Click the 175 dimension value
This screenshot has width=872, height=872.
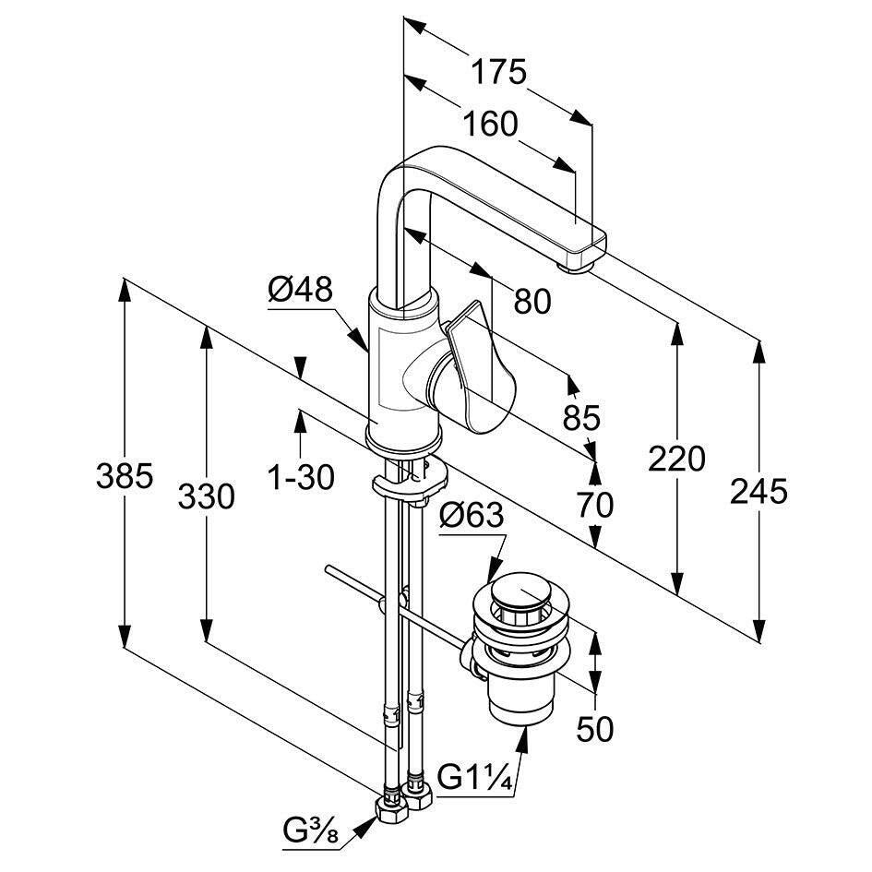[x=498, y=72]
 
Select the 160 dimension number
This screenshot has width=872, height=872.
[x=490, y=124]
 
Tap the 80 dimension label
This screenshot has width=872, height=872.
[x=532, y=301]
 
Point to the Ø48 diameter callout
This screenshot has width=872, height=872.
[x=300, y=289]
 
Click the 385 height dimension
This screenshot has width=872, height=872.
[x=124, y=476]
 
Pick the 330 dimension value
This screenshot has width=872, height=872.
[x=206, y=496]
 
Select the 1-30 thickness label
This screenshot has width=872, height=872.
[x=301, y=476]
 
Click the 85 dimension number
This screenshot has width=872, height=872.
[x=581, y=417]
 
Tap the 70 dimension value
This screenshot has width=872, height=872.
[x=594, y=505]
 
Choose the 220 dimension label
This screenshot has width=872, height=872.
[x=676, y=459]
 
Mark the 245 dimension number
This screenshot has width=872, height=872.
[x=759, y=492]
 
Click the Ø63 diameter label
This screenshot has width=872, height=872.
[x=471, y=516]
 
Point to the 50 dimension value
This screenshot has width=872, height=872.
[x=594, y=729]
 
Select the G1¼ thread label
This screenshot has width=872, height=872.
[x=474, y=777]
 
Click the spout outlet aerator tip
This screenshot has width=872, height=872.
[x=575, y=269]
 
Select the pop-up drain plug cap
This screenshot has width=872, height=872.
[x=520, y=591]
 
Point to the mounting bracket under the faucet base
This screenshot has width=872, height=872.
[x=411, y=481]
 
